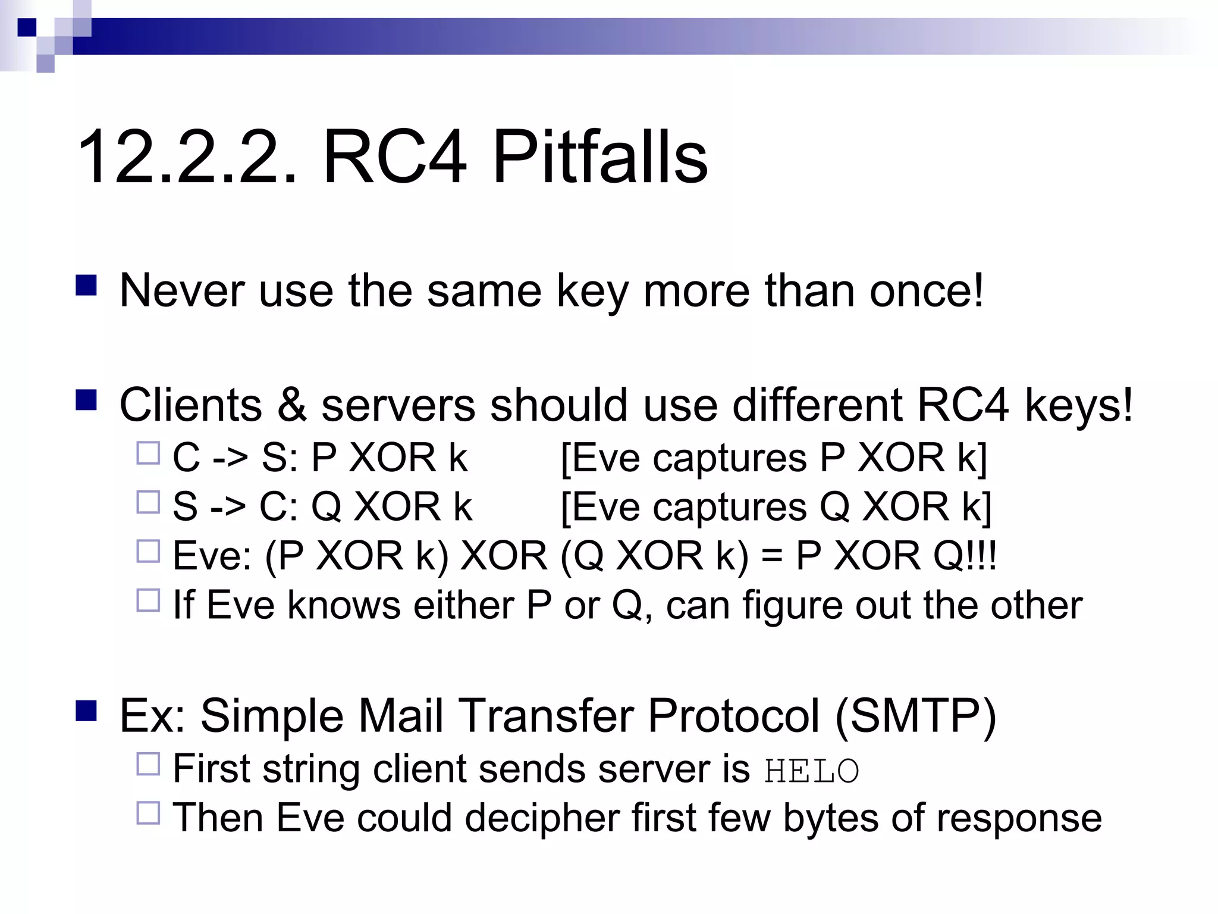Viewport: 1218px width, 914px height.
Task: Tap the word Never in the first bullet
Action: [182, 290]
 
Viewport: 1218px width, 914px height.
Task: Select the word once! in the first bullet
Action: [927, 290]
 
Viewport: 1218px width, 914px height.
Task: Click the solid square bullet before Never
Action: [86, 286]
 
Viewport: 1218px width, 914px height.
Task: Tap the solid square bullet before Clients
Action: [86, 400]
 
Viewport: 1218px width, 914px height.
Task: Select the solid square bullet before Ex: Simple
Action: [86, 710]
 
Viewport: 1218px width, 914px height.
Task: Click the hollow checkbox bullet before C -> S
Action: [148, 453]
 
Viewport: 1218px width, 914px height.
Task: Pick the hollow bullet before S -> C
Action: [148, 502]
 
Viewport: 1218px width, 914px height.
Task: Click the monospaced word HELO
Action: [811, 771]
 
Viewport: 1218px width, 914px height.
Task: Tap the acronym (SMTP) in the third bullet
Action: [916, 715]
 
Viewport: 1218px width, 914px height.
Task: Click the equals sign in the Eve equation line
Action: [771, 556]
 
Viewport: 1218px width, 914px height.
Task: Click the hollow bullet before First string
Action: [148, 764]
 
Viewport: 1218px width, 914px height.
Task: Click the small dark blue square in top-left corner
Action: [26, 27]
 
